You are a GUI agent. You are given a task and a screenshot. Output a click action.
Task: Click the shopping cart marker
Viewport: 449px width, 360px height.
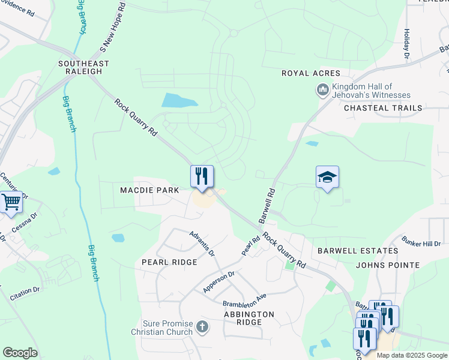[x=11, y=202]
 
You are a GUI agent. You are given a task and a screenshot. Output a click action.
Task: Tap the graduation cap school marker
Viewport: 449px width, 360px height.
[x=327, y=177]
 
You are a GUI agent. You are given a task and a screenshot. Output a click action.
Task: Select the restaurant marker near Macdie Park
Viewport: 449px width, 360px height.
[x=202, y=176]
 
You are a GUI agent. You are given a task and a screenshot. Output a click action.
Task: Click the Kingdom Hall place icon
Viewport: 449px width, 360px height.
[x=322, y=91]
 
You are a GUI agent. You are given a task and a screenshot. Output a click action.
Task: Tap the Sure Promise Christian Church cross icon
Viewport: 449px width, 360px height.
[x=202, y=328]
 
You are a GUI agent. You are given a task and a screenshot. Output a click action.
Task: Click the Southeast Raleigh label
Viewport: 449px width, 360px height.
[x=84, y=67]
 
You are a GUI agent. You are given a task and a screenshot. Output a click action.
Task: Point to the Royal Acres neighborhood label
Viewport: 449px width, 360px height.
[x=307, y=73]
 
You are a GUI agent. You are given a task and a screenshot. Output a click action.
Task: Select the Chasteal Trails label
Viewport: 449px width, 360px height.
[x=383, y=108]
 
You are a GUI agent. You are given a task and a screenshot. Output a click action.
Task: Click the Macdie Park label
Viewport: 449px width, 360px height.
[x=149, y=190]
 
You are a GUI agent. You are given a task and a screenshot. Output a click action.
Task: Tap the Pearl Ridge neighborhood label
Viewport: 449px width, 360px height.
[x=169, y=262]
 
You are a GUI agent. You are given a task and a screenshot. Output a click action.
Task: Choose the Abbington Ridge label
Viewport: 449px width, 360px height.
[x=249, y=318]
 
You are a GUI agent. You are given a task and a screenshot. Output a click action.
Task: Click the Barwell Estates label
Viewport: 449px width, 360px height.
[x=357, y=250]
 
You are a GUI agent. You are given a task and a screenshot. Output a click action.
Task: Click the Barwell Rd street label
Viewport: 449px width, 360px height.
[x=267, y=206]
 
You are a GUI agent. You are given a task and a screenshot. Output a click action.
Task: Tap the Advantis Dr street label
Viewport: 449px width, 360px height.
[x=202, y=243]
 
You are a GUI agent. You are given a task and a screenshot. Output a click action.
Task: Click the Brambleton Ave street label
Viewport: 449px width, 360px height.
[x=244, y=300]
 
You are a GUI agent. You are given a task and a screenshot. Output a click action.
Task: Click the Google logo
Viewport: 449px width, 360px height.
[x=20, y=353]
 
